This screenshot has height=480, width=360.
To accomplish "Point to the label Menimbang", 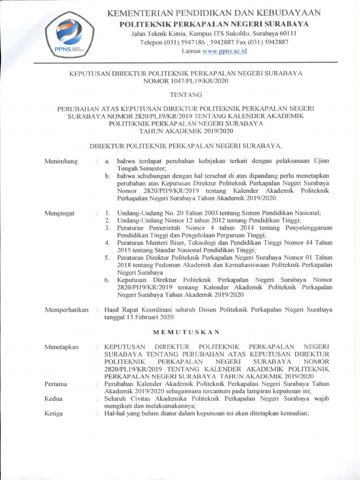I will [61, 161].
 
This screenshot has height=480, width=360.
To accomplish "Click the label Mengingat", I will [60, 213].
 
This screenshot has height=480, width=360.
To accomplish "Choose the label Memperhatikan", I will [66, 310].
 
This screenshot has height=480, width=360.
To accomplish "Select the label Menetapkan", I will [61, 347].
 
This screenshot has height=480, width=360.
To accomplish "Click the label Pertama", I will [56, 384].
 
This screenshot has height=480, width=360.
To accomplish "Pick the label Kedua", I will [53, 399].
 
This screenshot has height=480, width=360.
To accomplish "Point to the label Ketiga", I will [53, 414].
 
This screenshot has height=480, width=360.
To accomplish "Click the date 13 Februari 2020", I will [148, 317].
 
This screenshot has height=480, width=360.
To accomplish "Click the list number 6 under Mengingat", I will [107, 280].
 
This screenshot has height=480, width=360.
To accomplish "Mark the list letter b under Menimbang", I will [107, 176].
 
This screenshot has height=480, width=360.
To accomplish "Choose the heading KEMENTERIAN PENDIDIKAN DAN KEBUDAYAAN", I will [214, 13].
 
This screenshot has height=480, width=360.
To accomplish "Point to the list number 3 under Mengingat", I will [107, 228].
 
